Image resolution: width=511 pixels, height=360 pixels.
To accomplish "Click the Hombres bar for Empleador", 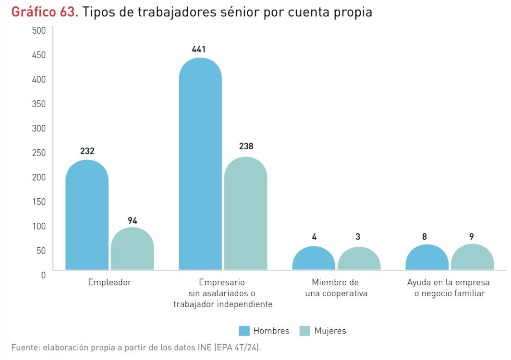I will coord(87,216).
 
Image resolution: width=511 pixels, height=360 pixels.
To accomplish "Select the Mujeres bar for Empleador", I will coord(132,249).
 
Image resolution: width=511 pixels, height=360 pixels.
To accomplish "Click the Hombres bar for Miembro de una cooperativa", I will coord(314,259).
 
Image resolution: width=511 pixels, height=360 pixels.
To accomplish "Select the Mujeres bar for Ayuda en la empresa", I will coord(472,258).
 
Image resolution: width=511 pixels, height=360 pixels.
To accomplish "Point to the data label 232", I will coord(87,151).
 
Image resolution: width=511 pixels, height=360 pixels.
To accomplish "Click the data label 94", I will coord(133,220).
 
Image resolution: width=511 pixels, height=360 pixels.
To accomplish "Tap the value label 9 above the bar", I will coord(472,236).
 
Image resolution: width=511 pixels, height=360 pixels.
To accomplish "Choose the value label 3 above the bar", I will coord(358,236).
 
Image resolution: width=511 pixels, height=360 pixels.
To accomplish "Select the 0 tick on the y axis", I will coord(43,275).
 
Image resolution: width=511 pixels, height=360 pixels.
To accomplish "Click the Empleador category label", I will coord(109,283).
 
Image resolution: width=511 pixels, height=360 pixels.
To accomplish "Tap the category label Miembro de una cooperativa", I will coord(336,288).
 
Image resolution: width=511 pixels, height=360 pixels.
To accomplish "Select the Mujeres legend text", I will coord(330,331).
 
